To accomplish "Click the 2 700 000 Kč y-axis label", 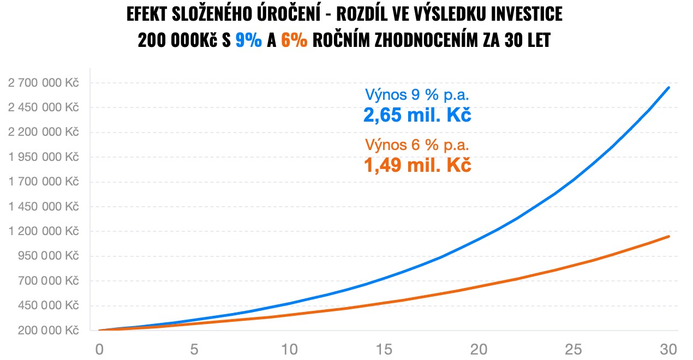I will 43,83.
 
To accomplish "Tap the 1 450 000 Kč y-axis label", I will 43,207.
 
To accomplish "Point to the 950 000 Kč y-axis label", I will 47,256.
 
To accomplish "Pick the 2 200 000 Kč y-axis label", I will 43,132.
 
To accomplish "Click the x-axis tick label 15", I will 384,349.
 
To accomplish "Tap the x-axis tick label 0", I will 99,349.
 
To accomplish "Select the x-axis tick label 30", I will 668,349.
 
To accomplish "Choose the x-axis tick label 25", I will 573,349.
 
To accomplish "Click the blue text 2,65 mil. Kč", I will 417,115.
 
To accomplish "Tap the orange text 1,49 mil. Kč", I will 417,165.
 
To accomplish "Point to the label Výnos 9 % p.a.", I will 417,95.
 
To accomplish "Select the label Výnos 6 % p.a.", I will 417,145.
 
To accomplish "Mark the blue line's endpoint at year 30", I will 668,87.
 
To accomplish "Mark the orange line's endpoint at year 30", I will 668,236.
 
